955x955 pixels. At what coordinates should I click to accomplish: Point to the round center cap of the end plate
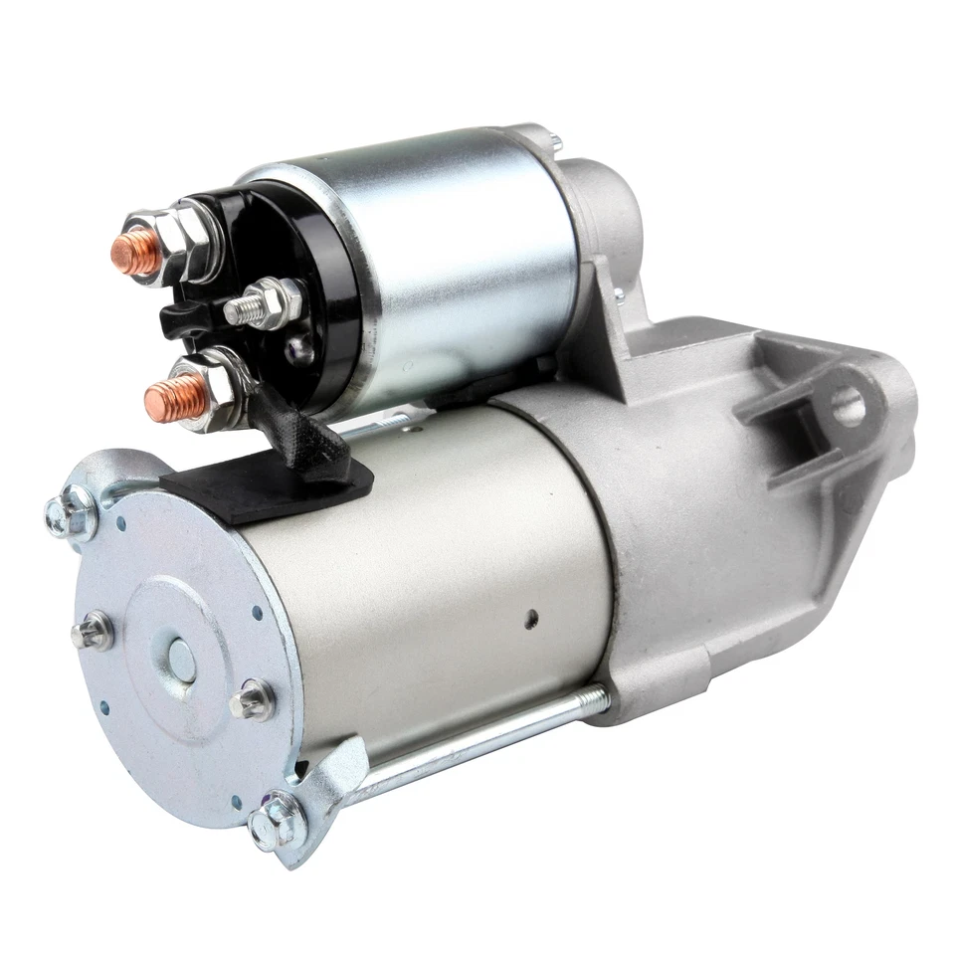(181, 657)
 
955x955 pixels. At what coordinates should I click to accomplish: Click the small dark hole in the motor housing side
(531, 618)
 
